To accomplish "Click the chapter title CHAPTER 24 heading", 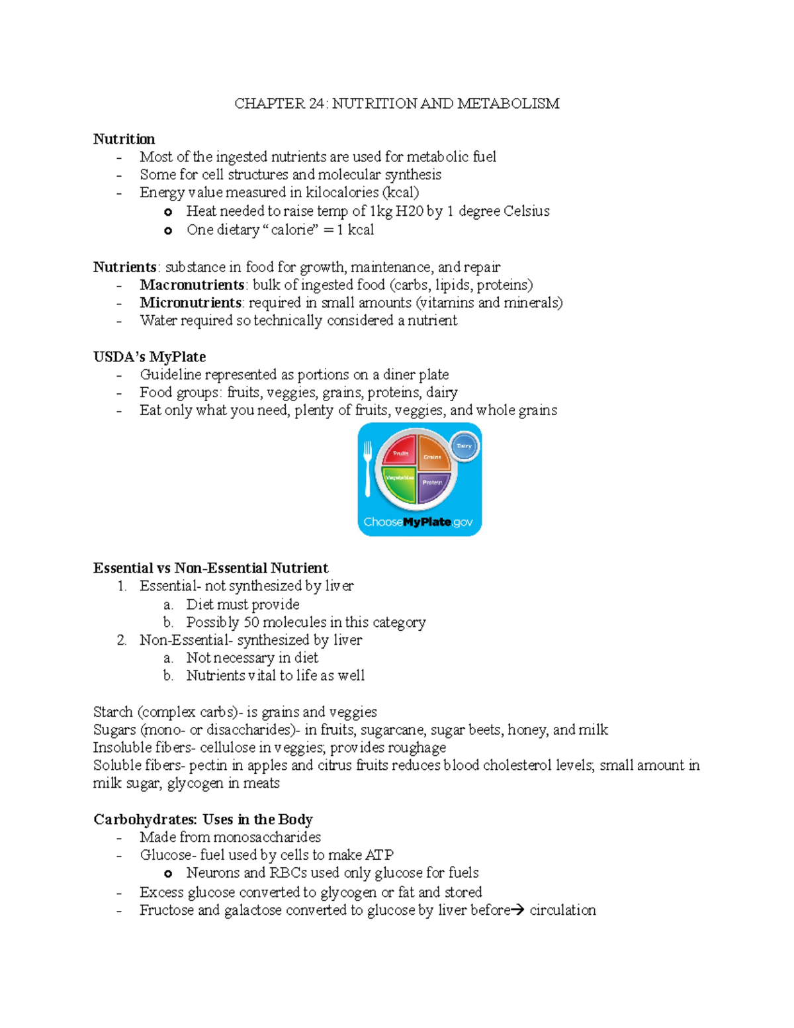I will [397, 103].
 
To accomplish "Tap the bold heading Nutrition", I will [124, 139].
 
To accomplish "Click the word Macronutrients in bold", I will [192, 285].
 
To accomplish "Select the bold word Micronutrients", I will [191, 303].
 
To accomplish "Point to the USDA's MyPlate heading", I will [150, 357].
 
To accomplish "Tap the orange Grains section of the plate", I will [433, 453].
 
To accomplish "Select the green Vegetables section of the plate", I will [400, 481].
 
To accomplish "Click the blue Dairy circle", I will [464, 446].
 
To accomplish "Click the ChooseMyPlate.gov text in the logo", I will [418, 522].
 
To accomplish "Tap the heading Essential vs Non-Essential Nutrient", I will [210, 568].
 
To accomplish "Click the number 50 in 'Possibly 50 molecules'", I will [251, 622].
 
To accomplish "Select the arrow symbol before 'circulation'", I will [519, 910].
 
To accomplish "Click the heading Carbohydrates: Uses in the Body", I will [202, 819].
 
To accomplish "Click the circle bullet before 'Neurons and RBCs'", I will [168, 874].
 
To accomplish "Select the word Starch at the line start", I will [113, 712].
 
